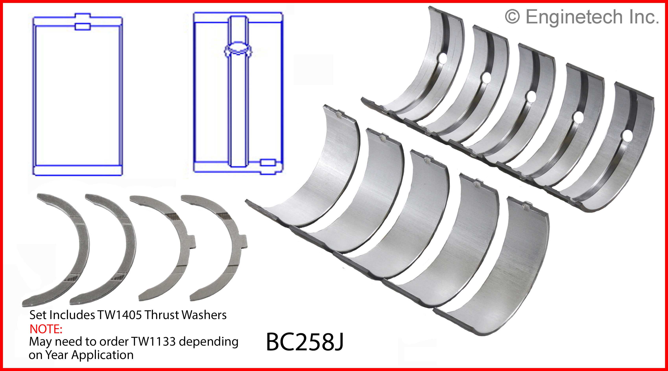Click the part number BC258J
pyautogui.click(x=305, y=342)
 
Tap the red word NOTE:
pyautogui.click(x=46, y=329)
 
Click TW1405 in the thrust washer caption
pyautogui.click(x=120, y=315)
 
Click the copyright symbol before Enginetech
pyautogui.click(x=512, y=17)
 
